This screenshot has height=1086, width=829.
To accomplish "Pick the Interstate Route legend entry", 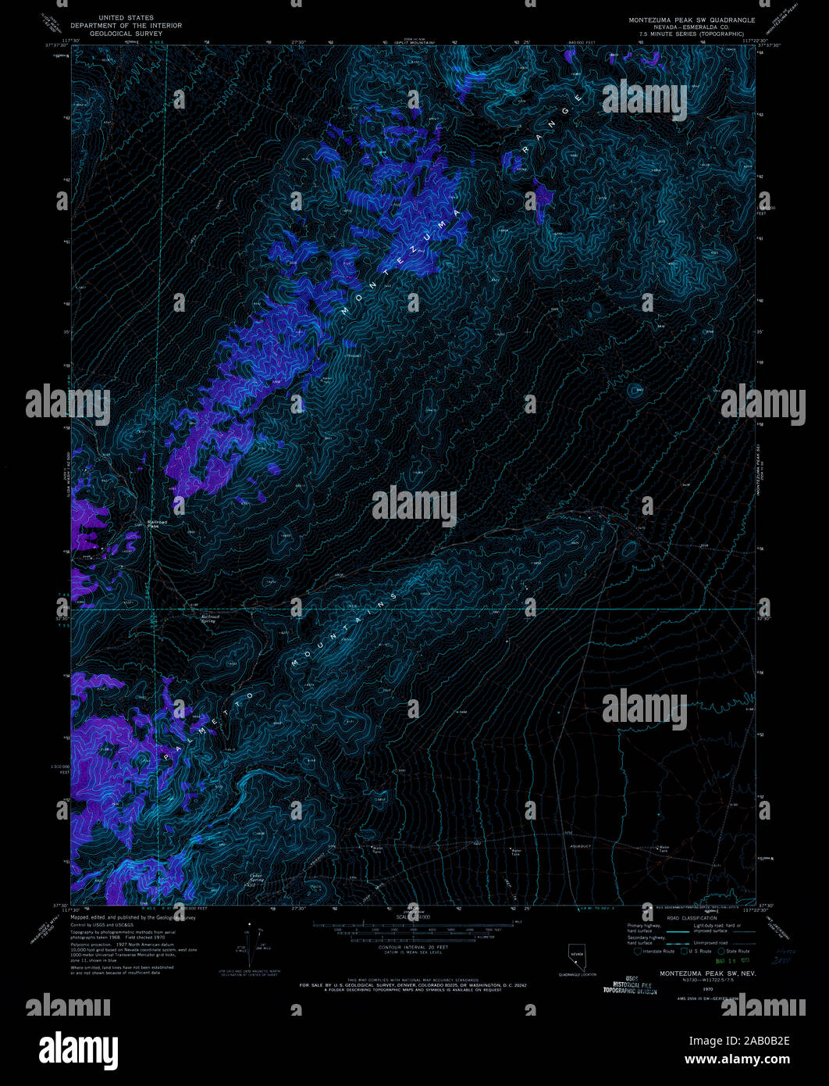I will (653, 951).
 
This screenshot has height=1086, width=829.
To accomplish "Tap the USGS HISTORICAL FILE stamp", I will (629, 985).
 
